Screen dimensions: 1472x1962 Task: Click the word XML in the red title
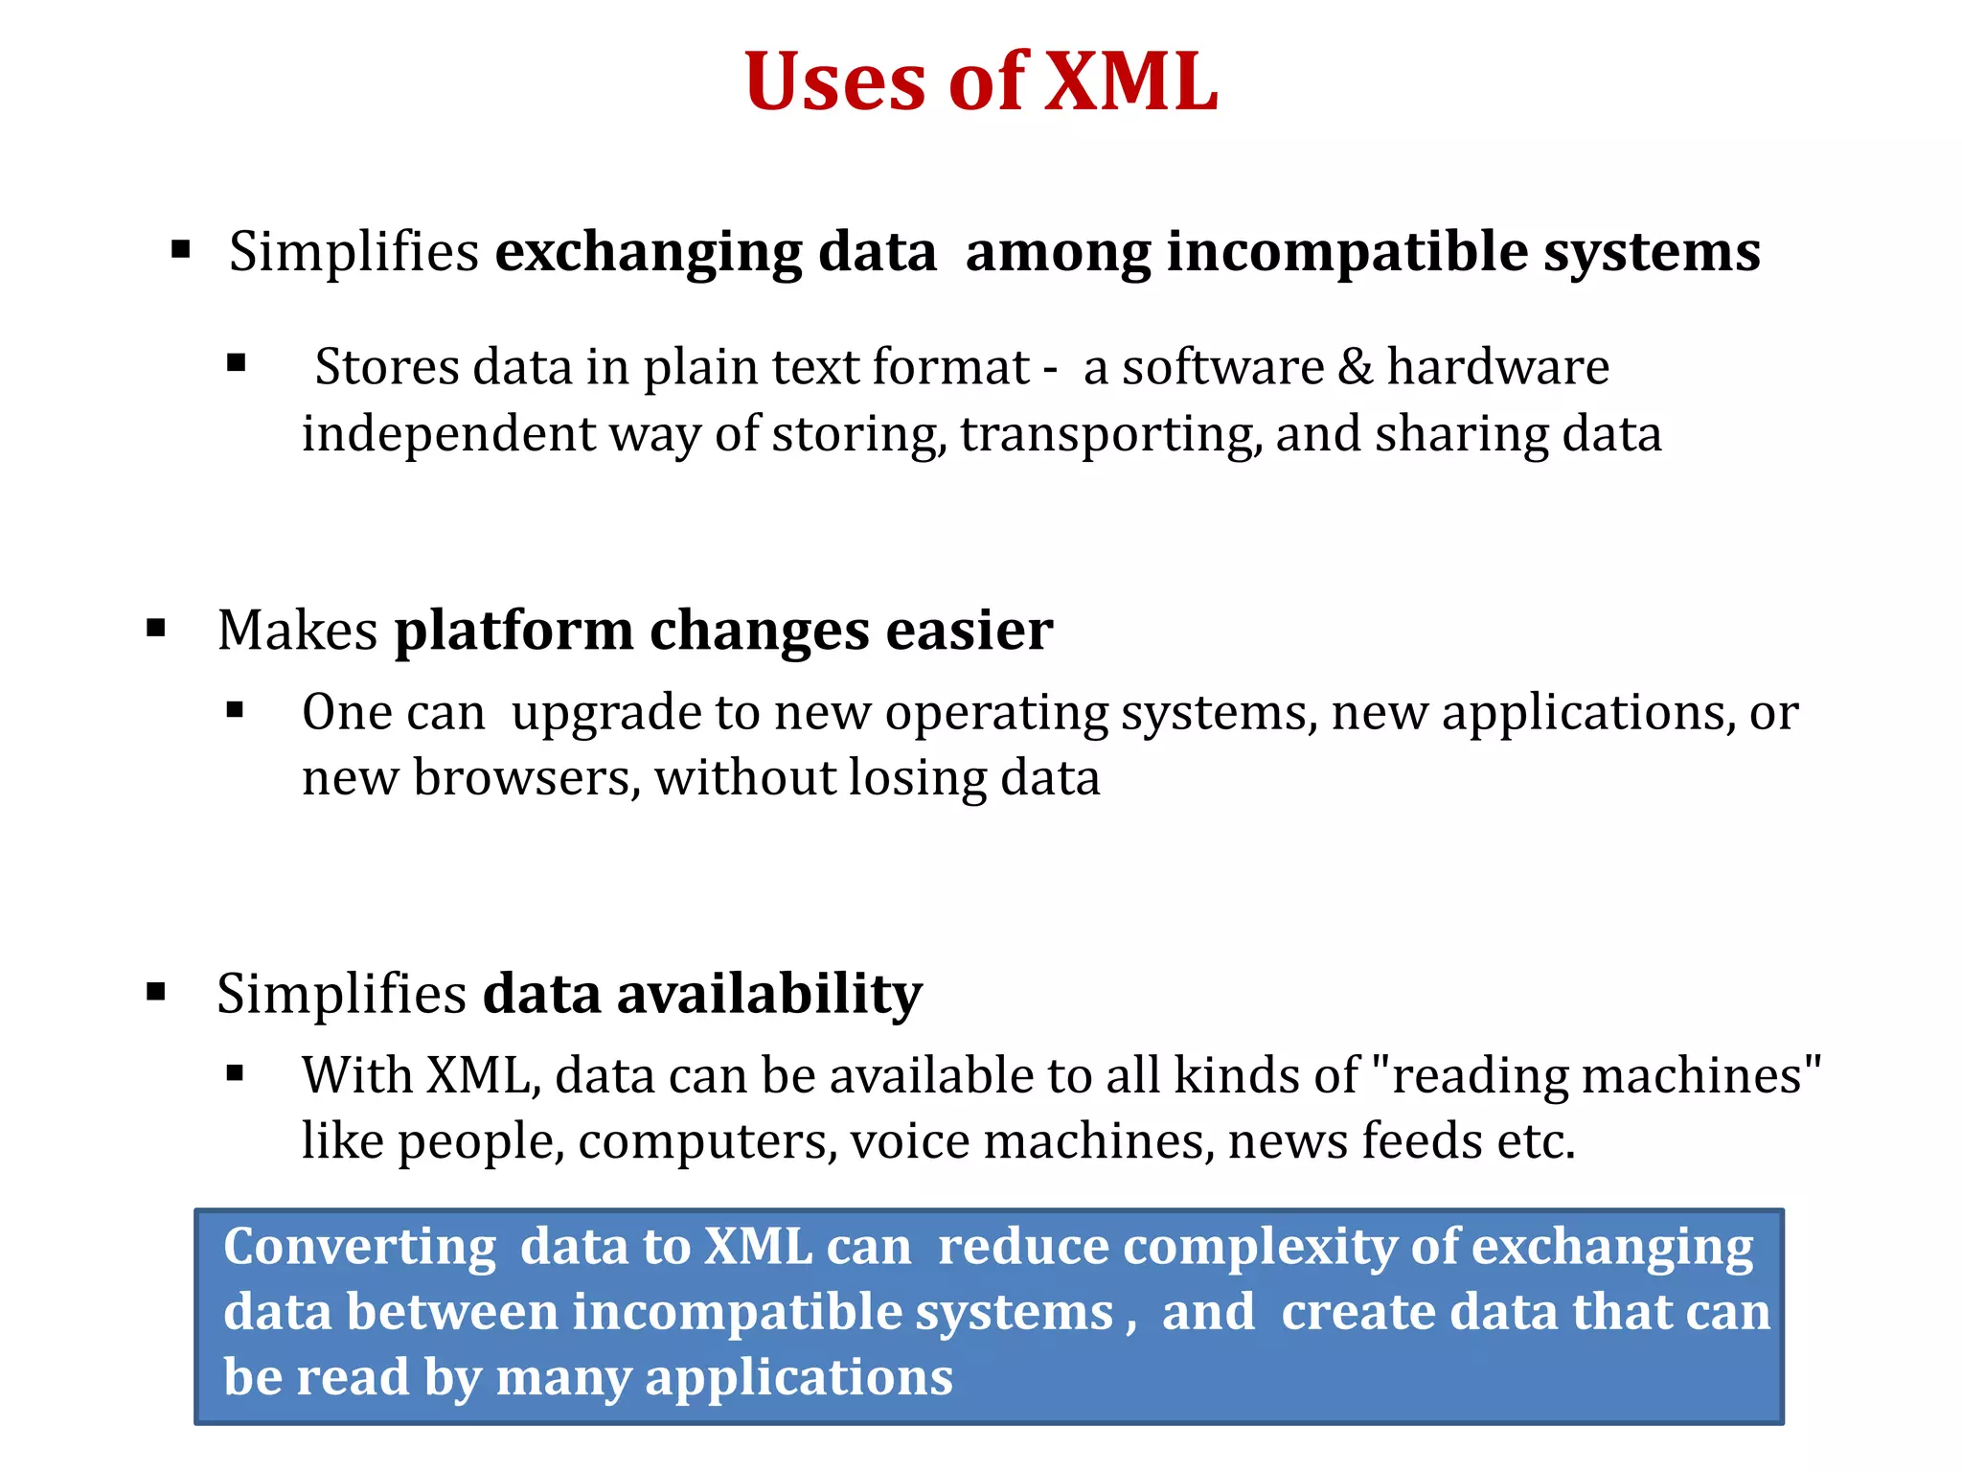[x=1130, y=82]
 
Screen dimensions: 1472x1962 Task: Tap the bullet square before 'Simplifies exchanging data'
[x=180, y=251]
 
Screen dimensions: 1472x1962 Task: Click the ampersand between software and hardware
[x=1356, y=367]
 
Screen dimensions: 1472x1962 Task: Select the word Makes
[x=298, y=631]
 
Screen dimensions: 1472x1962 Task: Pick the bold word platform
[x=513, y=632]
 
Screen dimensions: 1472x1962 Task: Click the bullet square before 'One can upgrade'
[x=236, y=711]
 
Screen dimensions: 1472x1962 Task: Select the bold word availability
[x=769, y=994]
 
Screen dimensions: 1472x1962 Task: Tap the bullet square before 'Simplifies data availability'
[x=156, y=992]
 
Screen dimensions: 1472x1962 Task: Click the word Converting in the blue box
[x=359, y=1248]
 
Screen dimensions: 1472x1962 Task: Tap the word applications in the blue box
[x=799, y=1379]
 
